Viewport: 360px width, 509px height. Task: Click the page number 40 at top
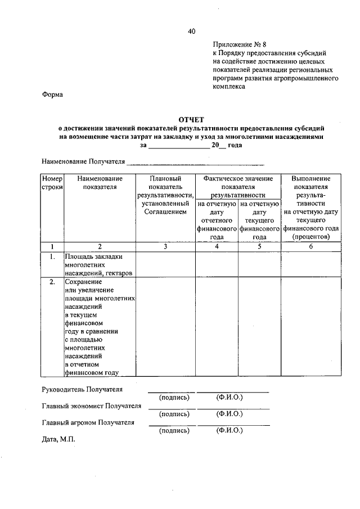(191, 32)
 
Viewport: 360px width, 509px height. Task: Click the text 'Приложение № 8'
(238, 44)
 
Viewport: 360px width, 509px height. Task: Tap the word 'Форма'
(52, 94)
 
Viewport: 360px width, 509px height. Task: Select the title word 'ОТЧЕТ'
(191, 120)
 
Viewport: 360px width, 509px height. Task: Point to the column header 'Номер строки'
(52, 182)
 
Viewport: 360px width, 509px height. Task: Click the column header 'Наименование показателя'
(100, 182)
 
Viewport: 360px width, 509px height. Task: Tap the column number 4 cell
(217, 246)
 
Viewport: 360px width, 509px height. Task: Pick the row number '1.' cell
(52, 256)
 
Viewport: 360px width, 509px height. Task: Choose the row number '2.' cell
(52, 282)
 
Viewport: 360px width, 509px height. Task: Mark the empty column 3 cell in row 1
(165, 264)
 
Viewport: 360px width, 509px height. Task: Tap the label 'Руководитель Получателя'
(82, 389)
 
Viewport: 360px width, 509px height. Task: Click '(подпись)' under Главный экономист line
(174, 414)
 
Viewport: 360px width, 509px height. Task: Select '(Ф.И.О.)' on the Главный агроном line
(229, 430)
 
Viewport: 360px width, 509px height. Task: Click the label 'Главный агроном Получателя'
(88, 422)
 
